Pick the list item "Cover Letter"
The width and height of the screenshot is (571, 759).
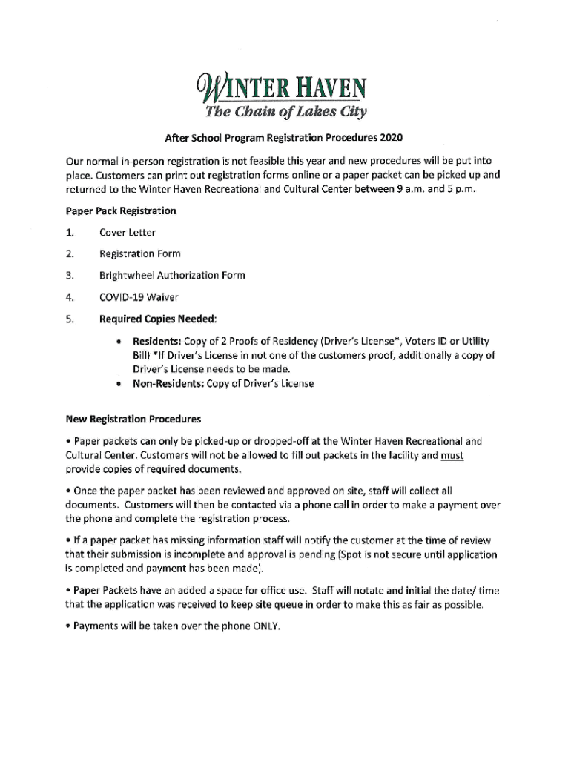point(128,233)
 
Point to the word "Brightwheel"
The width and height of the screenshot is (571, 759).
point(128,275)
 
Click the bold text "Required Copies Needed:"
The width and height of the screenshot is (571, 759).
point(158,319)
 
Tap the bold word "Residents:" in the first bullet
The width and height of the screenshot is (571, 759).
point(157,341)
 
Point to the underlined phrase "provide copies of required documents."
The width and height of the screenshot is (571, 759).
point(154,471)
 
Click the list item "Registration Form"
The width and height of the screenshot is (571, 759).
point(139,253)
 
